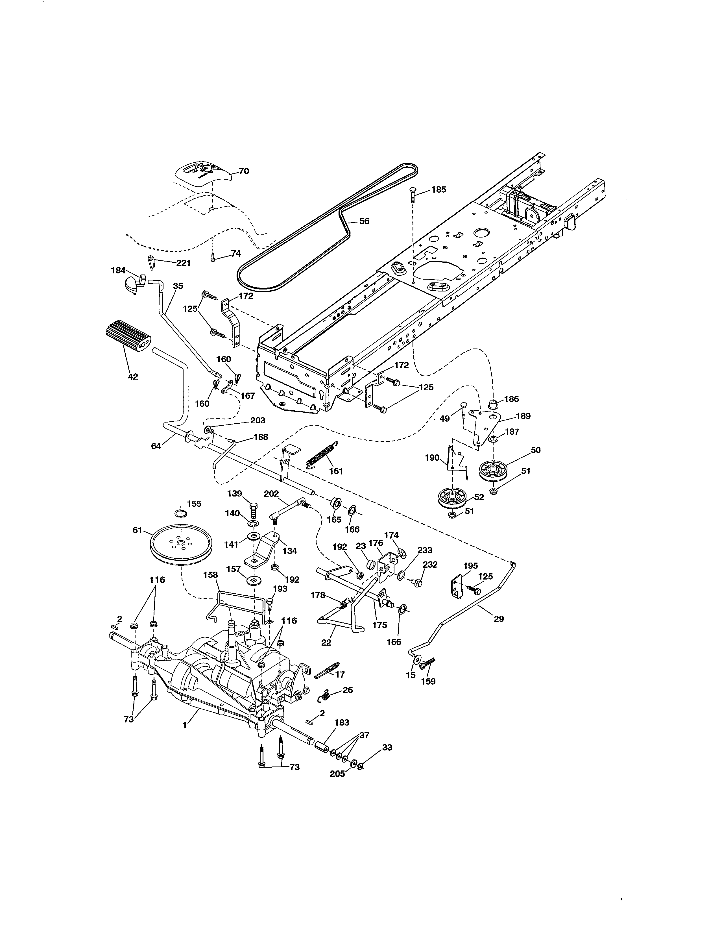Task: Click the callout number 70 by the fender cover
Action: tap(244, 171)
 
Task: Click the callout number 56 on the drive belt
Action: tap(364, 221)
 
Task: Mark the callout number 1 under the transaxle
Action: tap(184, 725)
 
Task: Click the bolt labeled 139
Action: tap(253, 509)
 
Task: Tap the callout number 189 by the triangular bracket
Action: tap(523, 416)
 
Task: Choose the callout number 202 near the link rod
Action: tap(271, 494)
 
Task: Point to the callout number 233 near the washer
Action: tap(425, 550)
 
